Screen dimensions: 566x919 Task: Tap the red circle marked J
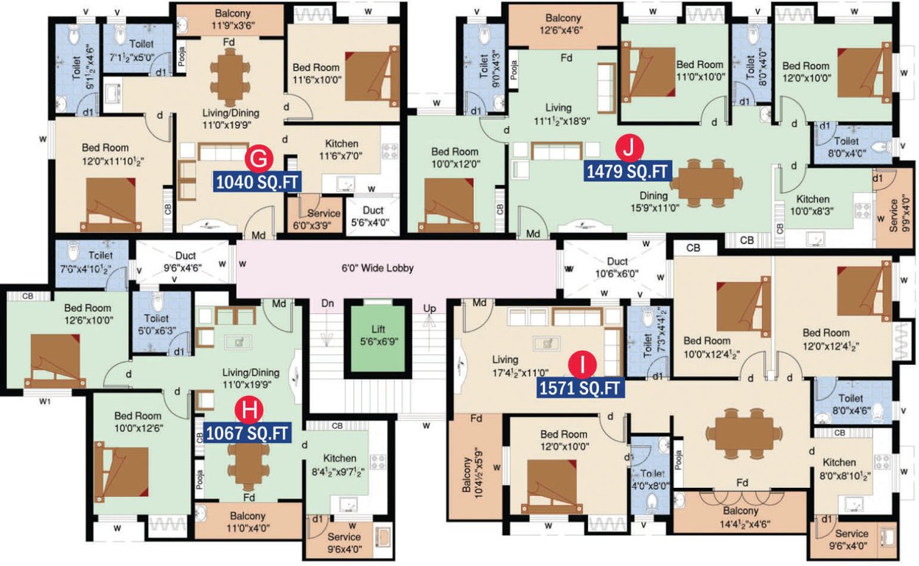628,148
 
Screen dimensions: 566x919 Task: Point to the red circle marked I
582,364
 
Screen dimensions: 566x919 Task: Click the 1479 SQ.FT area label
626,172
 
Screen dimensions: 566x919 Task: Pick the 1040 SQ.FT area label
257,181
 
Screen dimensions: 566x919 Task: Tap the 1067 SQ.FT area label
247,433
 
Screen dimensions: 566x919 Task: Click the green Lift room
377,336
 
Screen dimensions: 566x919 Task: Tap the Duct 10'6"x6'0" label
617,268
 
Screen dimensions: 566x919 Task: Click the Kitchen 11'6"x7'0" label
341,150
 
